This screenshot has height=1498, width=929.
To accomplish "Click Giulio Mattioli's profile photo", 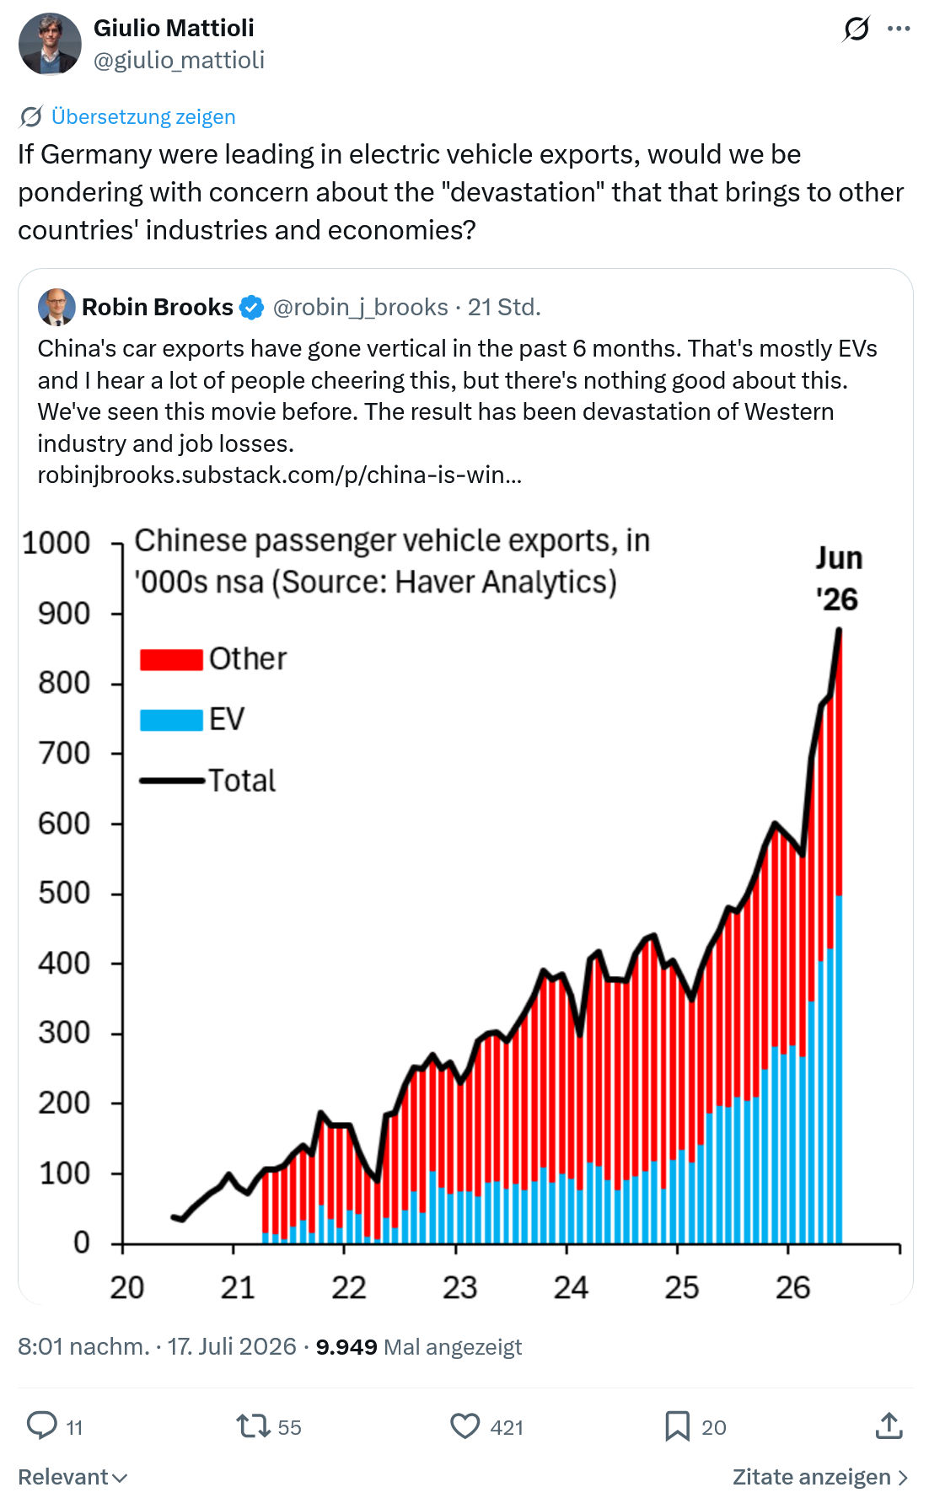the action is (x=50, y=44).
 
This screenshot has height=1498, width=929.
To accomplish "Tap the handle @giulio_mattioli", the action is (x=179, y=60).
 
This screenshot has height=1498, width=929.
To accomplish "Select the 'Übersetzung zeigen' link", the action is (x=143, y=116).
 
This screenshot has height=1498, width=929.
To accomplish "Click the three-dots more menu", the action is (x=899, y=29).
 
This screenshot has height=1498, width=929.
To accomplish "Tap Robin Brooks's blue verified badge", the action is (x=251, y=308).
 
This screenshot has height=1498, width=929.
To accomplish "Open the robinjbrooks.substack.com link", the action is (x=280, y=475).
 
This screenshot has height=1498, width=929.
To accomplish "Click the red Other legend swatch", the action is (x=171, y=660).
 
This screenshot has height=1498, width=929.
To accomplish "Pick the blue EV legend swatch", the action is (x=171, y=720).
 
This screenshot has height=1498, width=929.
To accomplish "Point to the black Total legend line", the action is (x=172, y=781).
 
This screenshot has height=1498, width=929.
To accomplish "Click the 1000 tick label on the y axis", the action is (x=56, y=543).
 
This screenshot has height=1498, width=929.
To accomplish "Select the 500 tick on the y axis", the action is (x=64, y=893).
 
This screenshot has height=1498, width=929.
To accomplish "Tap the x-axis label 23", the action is (x=459, y=1287).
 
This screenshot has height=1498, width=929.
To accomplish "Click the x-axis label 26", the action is (x=792, y=1287).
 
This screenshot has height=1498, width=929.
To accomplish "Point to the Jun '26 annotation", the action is (x=838, y=578).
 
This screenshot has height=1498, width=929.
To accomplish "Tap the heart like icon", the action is (x=464, y=1426).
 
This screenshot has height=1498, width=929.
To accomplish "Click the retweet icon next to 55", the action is (x=252, y=1426).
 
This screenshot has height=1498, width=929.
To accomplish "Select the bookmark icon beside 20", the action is (x=677, y=1426).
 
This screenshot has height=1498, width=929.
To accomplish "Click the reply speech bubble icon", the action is (x=41, y=1426).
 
